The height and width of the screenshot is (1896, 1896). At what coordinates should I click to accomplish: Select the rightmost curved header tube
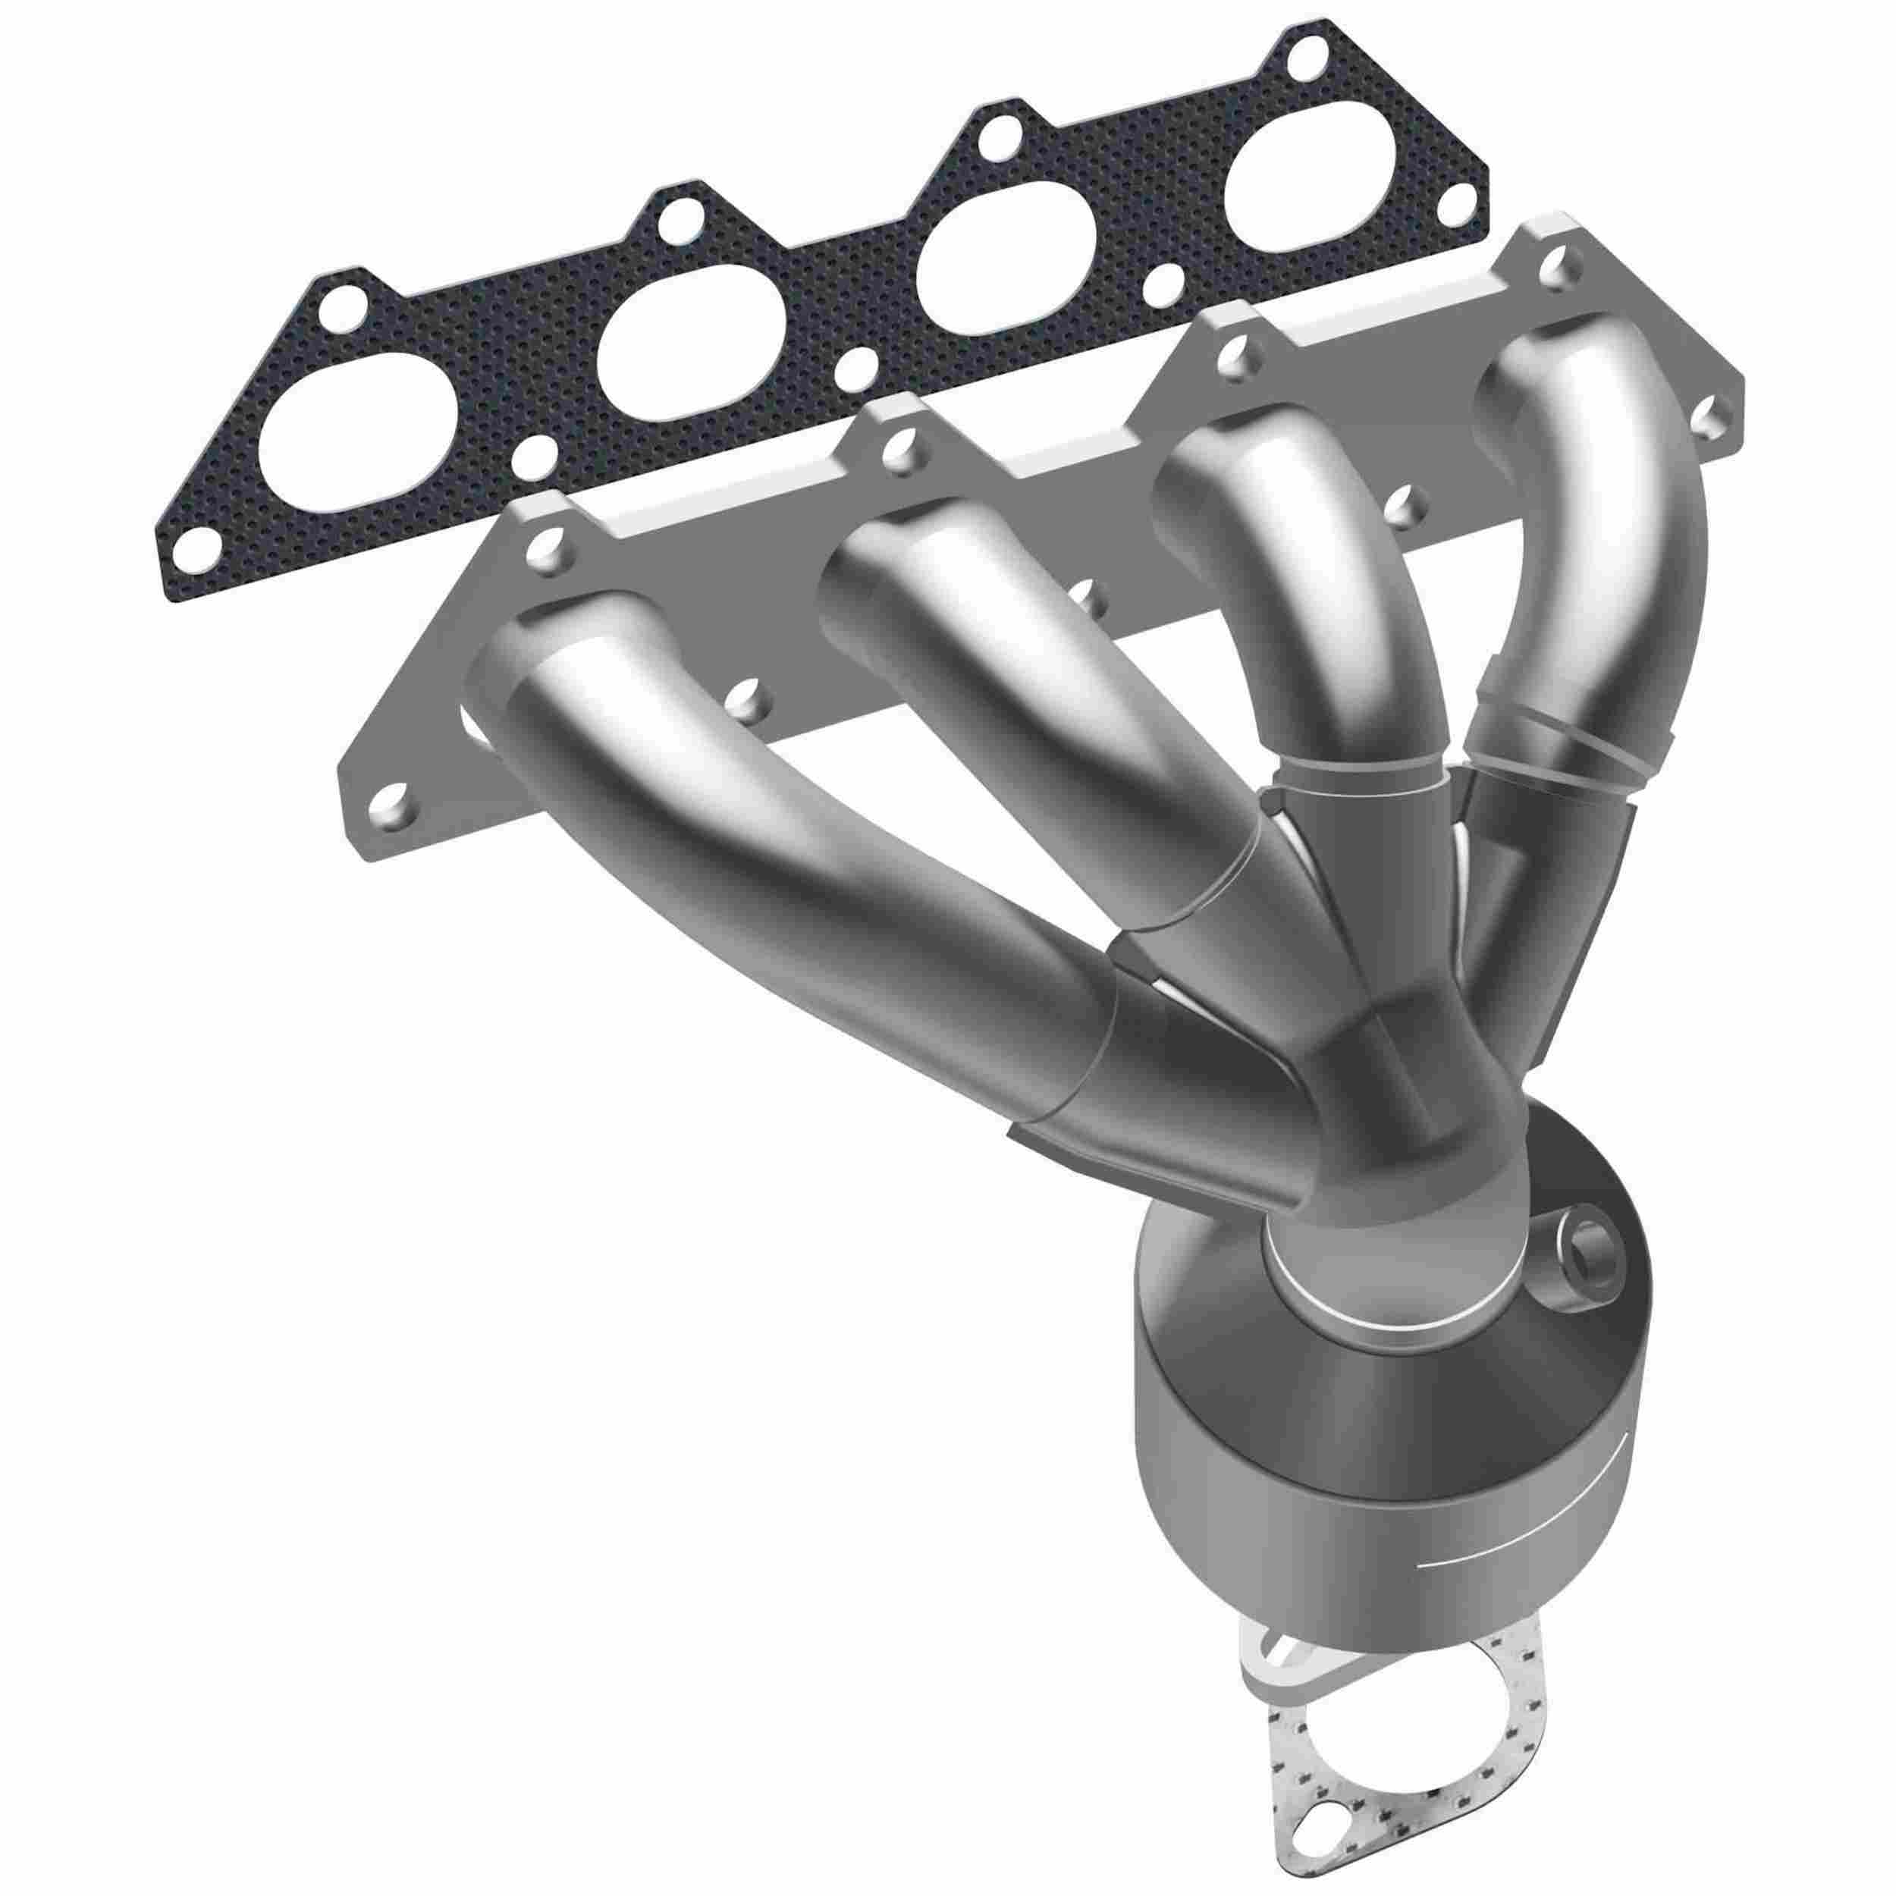click(x=1609, y=550)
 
